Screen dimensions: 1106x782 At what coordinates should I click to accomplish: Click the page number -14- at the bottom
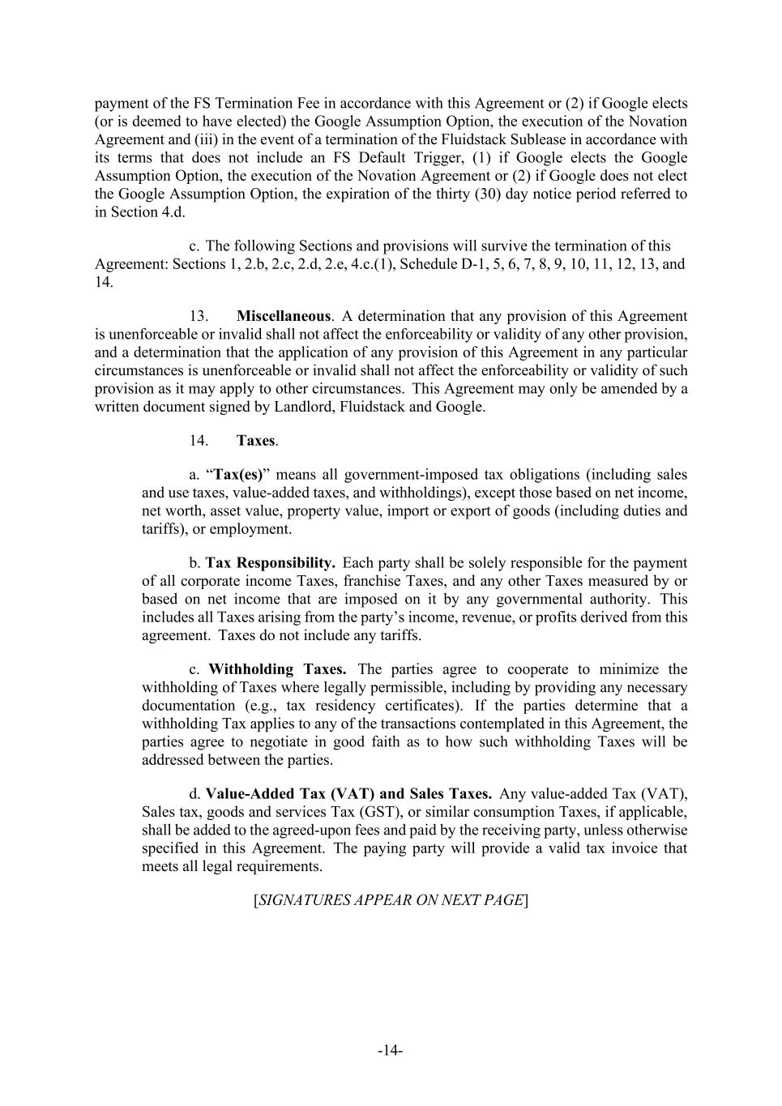click(390, 1051)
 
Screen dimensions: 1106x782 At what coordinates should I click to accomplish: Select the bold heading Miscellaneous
click(283, 316)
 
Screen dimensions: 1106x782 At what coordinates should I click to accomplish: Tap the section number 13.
click(199, 316)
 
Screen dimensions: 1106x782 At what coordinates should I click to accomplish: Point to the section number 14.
click(199, 441)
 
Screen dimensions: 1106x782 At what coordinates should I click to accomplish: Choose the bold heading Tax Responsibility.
click(270, 563)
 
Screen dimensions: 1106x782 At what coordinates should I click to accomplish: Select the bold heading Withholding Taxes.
click(277, 669)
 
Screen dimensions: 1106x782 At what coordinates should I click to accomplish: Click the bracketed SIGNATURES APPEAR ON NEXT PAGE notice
click(391, 900)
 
